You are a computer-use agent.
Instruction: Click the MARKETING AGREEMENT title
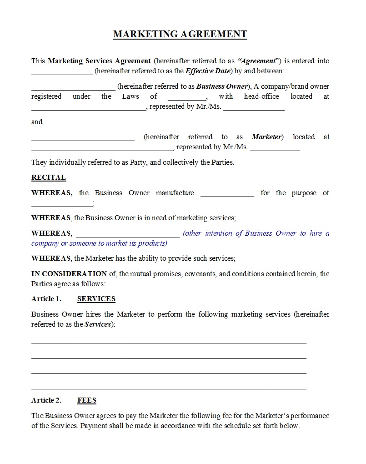tap(180, 34)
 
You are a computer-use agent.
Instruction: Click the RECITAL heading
tap(49, 177)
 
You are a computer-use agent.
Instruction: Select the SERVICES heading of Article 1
tap(96, 299)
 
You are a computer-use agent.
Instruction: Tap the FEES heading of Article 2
tap(87, 400)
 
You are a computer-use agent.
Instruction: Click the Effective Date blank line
tap(62, 73)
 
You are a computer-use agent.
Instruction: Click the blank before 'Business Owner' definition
tap(73, 89)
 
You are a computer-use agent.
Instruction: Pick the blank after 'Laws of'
tap(187, 99)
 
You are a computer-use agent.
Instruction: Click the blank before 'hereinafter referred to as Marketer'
tap(83, 139)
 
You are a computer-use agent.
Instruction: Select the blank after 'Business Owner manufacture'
tap(227, 195)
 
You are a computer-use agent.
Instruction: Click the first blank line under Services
tap(169, 343)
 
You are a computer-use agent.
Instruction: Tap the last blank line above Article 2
tap(169, 388)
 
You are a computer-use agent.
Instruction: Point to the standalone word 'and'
tap(37, 122)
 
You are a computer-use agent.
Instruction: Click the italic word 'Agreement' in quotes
tap(257, 61)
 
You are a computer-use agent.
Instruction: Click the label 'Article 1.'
tap(46, 299)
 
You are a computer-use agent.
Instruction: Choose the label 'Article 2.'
tap(46, 400)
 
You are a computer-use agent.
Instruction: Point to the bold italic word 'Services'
tap(98, 324)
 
